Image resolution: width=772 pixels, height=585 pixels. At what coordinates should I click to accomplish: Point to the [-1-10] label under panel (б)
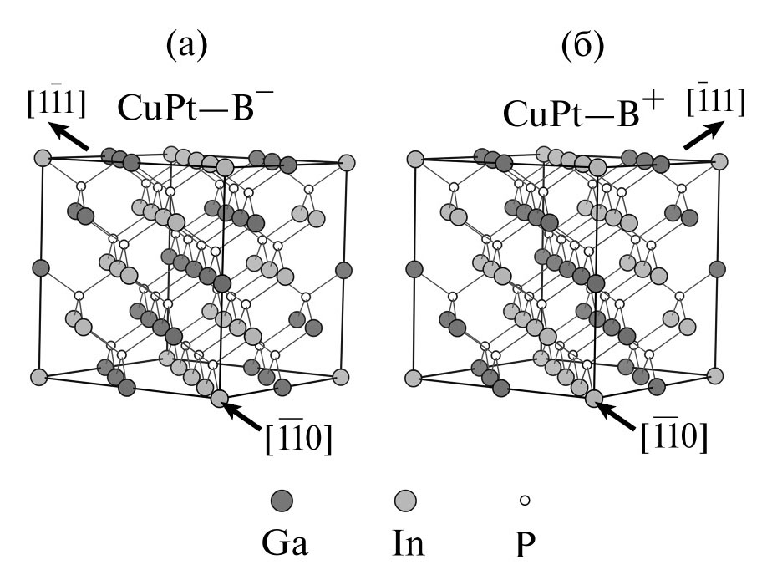coord(673,437)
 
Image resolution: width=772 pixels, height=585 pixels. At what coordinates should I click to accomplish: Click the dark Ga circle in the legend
coord(282,501)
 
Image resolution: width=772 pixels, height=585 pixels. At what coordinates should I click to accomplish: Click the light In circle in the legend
coord(406,501)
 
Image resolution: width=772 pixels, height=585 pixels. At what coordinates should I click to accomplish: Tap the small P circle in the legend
coord(525,501)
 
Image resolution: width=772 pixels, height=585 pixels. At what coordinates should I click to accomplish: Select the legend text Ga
coord(285,545)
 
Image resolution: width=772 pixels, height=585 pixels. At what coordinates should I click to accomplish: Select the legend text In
coord(408,545)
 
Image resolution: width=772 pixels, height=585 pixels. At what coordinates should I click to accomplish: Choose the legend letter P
coord(526,545)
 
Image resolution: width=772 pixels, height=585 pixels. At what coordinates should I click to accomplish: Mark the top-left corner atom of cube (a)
coord(43,157)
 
